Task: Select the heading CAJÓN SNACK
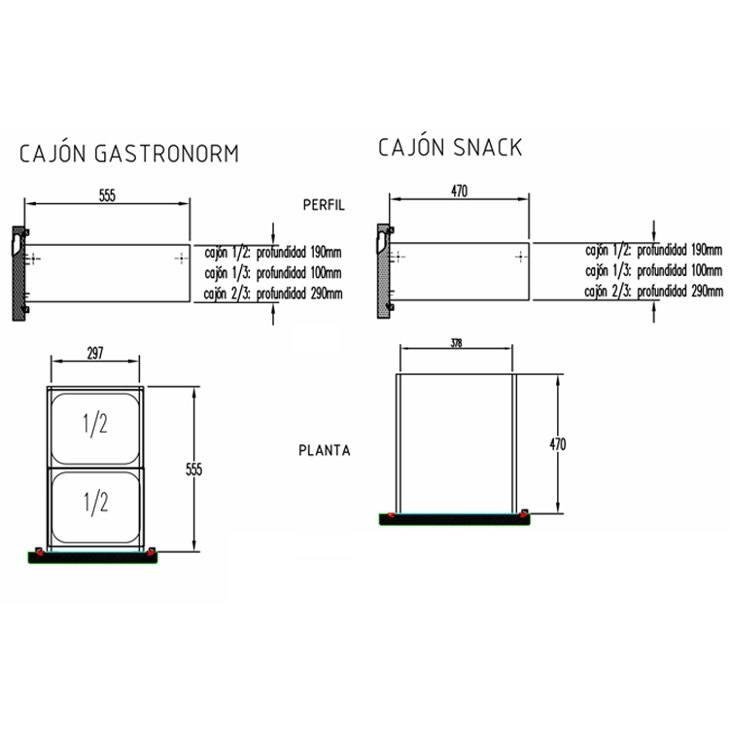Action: (x=450, y=147)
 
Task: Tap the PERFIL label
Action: (x=324, y=205)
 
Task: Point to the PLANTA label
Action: (x=325, y=450)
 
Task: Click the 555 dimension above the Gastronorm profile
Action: (x=107, y=195)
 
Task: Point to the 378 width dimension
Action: (x=456, y=343)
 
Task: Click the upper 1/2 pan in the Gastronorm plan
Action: (x=95, y=425)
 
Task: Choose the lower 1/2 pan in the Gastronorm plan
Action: (x=95, y=503)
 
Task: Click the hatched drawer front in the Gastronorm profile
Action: (x=17, y=274)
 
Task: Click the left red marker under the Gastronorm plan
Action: (x=38, y=553)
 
